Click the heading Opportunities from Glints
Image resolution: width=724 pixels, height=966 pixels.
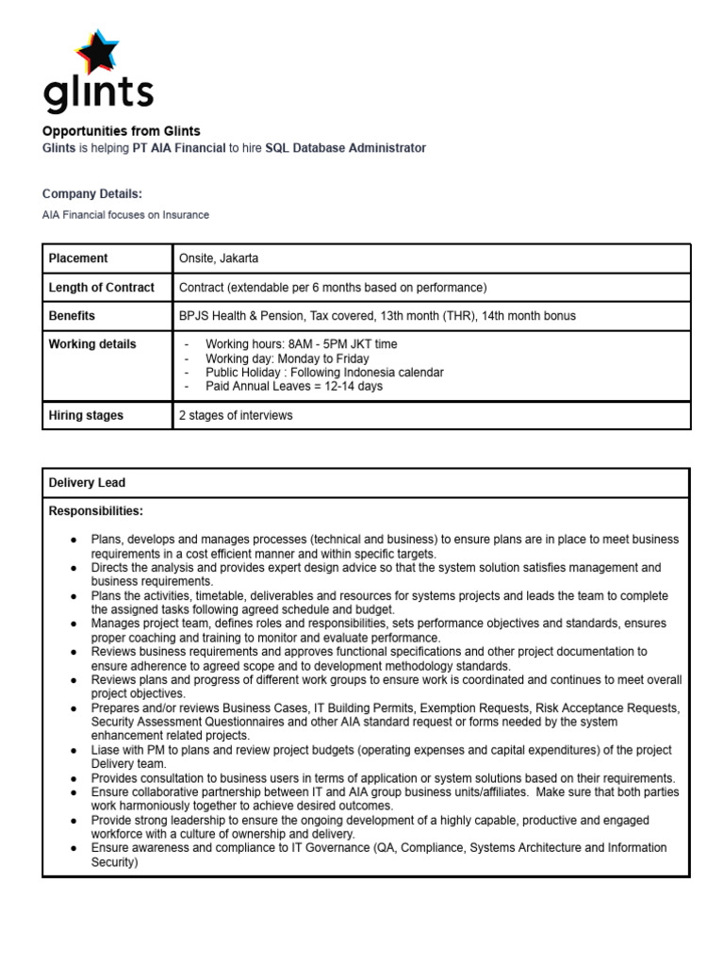(x=122, y=131)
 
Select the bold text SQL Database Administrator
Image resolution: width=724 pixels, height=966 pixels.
(x=345, y=148)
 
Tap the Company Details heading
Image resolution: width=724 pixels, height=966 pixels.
(x=92, y=193)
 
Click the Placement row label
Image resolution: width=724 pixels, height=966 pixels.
(x=78, y=258)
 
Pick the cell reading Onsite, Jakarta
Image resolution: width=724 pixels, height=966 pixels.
(x=219, y=258)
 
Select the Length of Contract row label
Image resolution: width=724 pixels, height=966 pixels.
(x=101, y=287)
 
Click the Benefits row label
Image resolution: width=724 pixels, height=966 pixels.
(x=72, y=316)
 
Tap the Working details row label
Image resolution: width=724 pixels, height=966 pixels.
(x=92, y=344)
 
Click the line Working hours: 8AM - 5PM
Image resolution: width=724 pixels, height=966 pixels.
(x=294, y=344)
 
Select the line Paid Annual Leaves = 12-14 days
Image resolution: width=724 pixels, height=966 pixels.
(x=294, y=386)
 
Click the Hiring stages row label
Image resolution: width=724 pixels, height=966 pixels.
(x=86, y=415)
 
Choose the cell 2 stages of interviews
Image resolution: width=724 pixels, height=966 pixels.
(x=236, y=415)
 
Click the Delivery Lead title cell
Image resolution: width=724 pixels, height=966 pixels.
(x=87, y=483)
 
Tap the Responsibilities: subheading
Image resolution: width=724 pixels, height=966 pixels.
(x=96, y=511)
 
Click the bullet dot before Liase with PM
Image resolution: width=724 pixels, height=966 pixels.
(x=74, y=750)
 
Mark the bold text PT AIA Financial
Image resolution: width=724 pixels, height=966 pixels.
(x=179, y=148)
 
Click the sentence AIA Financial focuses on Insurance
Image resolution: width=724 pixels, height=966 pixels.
(x=125, y=215)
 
